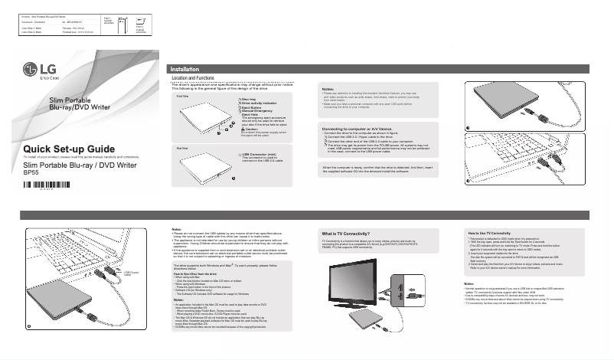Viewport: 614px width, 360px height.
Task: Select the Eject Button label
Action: click(256, 108)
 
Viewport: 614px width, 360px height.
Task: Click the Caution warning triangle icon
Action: click(243, 129)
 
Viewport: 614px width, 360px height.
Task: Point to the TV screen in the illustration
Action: click(361, 284)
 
